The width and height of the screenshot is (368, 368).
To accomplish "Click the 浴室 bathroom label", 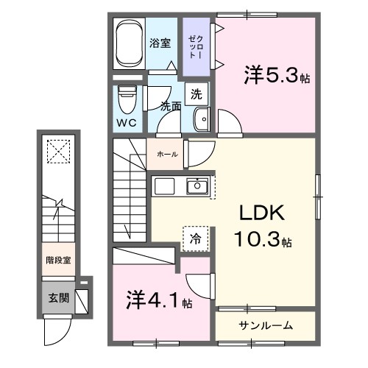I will (160, 43).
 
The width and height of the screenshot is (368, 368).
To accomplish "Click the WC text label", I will (126, 124).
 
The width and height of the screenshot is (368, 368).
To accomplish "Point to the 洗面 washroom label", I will (171, 105).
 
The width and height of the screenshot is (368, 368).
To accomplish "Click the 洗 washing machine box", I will (196, 93).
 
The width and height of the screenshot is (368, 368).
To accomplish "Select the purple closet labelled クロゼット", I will (195, 48).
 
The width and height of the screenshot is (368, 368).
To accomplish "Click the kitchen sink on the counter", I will (197, 187).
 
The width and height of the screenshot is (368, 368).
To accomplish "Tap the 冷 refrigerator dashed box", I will (196, 238).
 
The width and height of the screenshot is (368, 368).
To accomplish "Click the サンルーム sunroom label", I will (266, 325).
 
